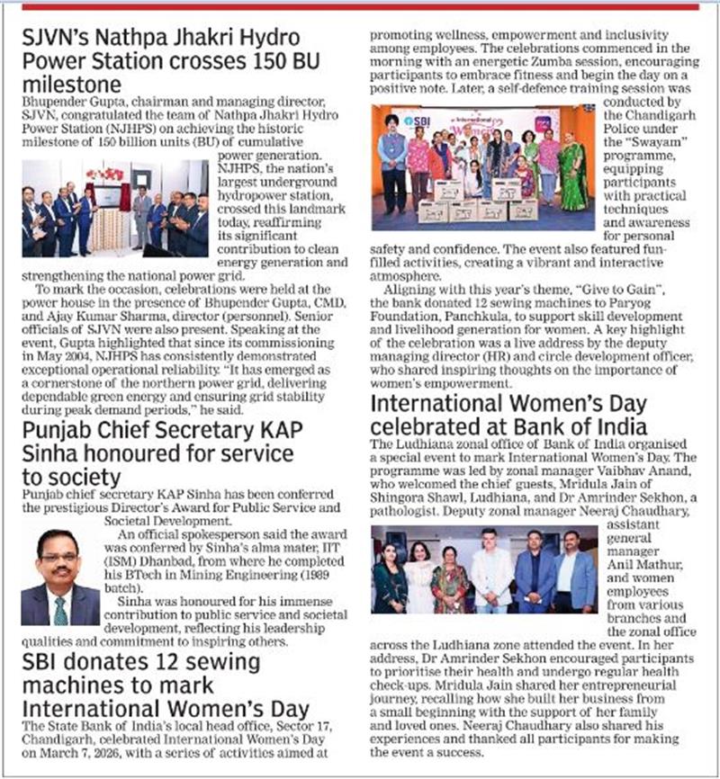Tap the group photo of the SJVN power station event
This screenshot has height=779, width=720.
tap(114, 209)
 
